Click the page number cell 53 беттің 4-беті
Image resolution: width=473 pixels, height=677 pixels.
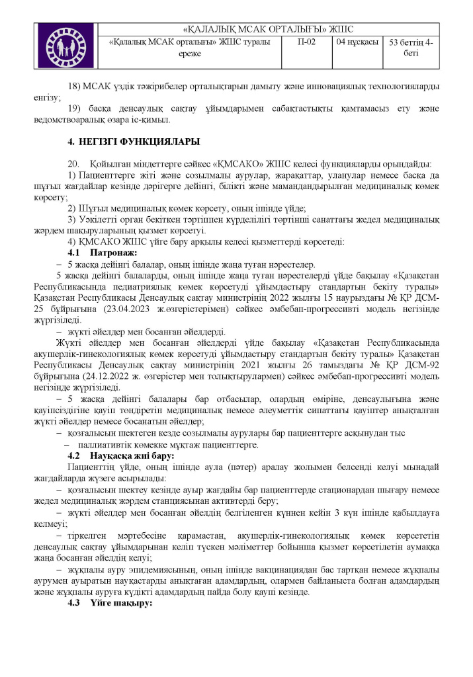click(x=411, y=48)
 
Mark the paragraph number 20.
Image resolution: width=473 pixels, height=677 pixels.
click(x=73, y=163)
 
